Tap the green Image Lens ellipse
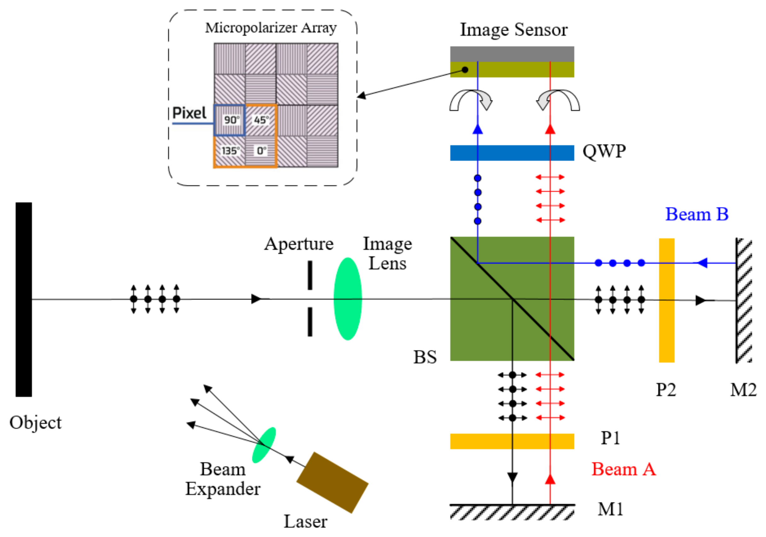point(348,298)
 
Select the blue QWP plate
point(512,153)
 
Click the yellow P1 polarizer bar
point(512,441)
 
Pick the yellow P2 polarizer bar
point(667,300)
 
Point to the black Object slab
point(24,299)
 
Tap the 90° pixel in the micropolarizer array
point(229,120)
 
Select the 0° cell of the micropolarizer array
point(261,151)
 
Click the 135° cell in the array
point(229,151)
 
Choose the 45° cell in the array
point(261,120)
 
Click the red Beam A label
point(624,469)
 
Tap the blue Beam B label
point(697,214)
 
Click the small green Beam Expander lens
point(264,445)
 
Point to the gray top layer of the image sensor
point(512,54)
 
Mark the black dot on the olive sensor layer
point(465,70)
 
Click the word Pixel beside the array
point(189,113)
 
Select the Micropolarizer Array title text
point(270,28)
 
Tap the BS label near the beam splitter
point(425,357)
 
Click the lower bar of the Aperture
point(310,321)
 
